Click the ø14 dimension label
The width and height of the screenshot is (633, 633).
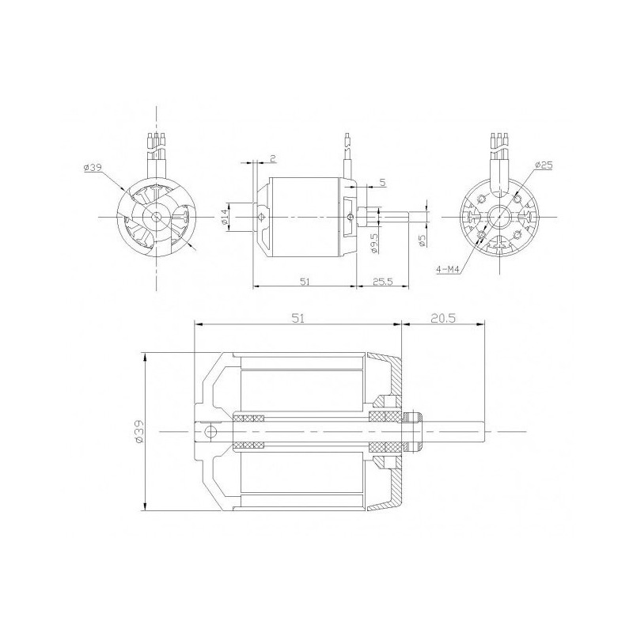coord(225,216)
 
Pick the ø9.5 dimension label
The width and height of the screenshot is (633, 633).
coord(373,244)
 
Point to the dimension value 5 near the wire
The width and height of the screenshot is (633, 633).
coord(381,183)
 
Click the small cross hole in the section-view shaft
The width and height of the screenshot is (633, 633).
coord(210,431)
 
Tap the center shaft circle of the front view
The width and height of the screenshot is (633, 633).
coord(157,216)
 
